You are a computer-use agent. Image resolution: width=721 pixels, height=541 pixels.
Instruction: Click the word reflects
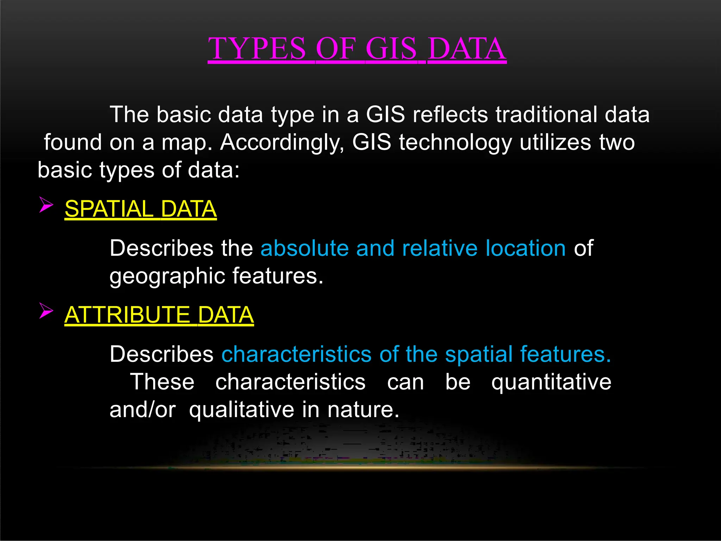click(x=450, y=114)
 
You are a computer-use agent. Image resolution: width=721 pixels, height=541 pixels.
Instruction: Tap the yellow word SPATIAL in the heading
click(x=109, y=209)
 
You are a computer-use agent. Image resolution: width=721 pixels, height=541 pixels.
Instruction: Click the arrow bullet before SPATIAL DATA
click(x=46, y=205)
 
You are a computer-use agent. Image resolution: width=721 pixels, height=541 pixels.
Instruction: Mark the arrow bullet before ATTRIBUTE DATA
click(x=46, y=310)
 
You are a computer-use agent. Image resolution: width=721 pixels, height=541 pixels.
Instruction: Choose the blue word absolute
click(x=304, y=248)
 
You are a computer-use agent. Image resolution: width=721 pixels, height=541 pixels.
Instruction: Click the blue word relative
click(x=440, y=248)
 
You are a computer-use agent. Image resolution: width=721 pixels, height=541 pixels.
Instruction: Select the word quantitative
click(x=551, y=382)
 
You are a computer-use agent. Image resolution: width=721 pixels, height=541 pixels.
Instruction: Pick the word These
click(x=162, y=382)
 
